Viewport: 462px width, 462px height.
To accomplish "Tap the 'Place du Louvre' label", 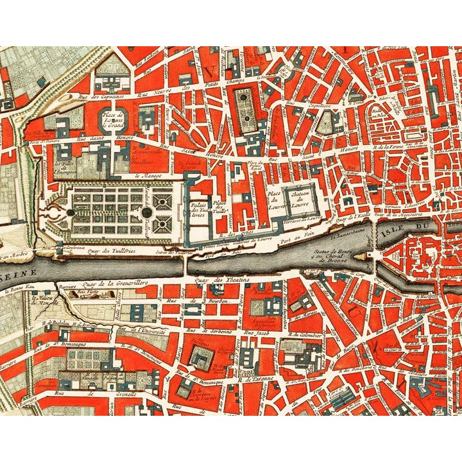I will (x=274, y=200).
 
